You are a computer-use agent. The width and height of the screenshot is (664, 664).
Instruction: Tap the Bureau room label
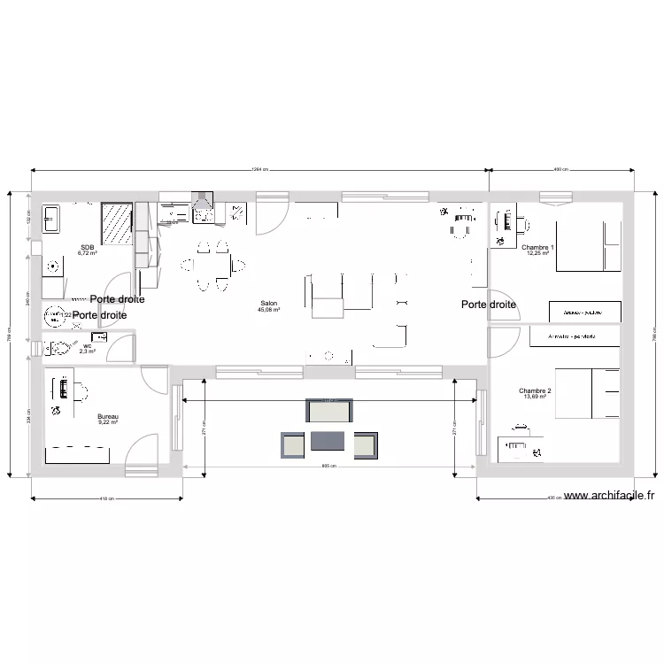108,416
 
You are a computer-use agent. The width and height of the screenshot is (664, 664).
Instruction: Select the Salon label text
268,304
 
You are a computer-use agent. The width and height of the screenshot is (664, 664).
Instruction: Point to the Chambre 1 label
537,247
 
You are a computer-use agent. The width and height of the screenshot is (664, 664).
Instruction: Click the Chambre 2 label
535,390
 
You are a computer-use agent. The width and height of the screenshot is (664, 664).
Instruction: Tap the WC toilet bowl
59,346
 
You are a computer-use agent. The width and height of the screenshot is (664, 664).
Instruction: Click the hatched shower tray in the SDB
117,225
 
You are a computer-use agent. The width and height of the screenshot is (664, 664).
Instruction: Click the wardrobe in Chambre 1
585,312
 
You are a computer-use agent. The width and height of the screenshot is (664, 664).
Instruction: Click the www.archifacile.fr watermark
612,497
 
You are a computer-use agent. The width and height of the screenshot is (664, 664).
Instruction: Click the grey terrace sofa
329,411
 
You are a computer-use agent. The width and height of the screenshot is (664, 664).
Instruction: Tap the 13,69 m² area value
535,398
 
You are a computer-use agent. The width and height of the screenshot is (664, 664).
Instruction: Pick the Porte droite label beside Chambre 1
489,305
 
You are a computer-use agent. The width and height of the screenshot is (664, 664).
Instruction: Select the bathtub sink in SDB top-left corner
50,219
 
